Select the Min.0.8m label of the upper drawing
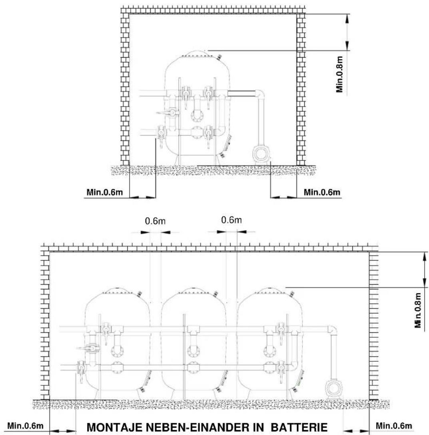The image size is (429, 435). (340, 74)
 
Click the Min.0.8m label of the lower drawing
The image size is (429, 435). (418, 310)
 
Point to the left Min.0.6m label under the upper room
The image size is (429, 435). (104, 192)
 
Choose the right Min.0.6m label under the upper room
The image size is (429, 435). (322, 192)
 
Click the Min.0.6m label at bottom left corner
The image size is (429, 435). (25, 426)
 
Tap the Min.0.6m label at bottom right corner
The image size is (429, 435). (394, 426)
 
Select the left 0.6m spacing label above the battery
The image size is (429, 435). (155, 221)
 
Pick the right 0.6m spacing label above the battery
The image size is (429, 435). (231, 220)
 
